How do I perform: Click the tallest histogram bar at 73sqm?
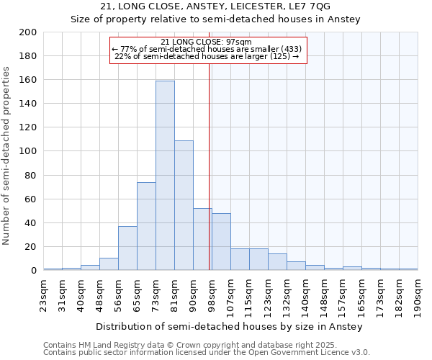click(165, 176)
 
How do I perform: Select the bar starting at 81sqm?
click(184, 205)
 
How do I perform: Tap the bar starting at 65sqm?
click(146, 226)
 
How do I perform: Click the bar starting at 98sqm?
click(221, 242)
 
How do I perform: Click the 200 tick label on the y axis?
click(28, 32)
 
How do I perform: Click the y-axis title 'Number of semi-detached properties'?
click(7, 156)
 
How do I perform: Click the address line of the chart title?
click(215, 6)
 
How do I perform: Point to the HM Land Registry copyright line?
click(197, 345)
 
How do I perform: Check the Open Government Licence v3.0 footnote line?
click(207, 352)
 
